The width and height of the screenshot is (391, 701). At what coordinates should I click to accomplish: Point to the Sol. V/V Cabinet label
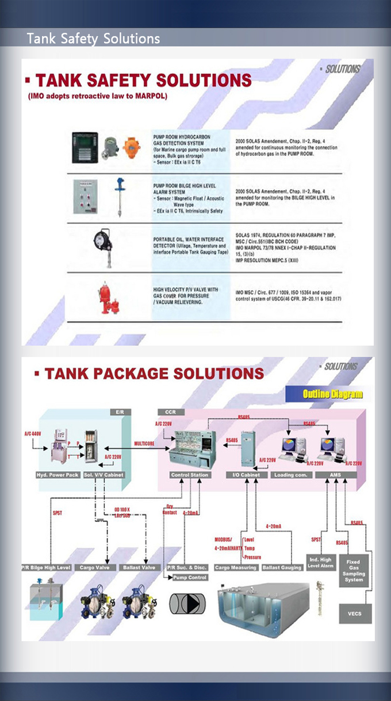[103, 475]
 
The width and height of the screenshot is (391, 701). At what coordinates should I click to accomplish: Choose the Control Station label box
[190, 475]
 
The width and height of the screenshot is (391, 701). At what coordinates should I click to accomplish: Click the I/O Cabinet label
[250, 475]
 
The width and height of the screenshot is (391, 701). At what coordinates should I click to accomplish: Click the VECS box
[355, 613]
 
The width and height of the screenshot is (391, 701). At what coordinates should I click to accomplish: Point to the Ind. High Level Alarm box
[321, 563]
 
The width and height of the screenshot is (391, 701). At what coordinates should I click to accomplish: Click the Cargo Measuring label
[235, 567]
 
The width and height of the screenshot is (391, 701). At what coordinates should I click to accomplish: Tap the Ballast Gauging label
[282, 567]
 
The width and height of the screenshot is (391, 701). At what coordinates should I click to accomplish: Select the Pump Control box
[190, 577]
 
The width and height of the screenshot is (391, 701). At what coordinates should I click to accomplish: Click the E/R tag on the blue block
[120, 412]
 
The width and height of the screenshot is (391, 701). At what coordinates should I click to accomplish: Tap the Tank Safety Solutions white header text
[93, 39]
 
